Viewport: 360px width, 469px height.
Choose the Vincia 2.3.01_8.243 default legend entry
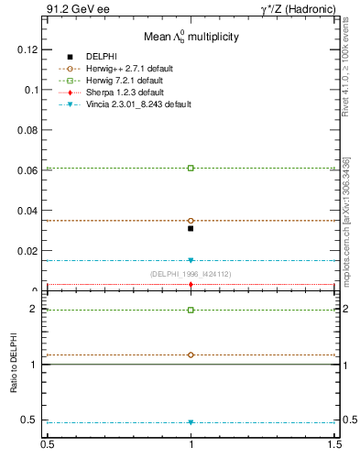click(x=138, y=104)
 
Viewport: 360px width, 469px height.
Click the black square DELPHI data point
click(x=191, y=228)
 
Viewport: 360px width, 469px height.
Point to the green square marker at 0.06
click(x=191, y=168)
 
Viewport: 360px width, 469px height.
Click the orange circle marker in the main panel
click(x=191, y=221)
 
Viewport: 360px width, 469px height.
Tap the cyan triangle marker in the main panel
click(x=191, y=260)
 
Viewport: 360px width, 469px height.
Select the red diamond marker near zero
click(x=191, y=285)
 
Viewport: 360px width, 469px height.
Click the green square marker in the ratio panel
click(x=191, y=310)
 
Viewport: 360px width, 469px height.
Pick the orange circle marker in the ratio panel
click(x=191, y=354)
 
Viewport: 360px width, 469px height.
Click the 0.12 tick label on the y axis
click(x=27, y=49)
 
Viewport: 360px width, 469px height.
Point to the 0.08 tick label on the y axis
click(x=27, y=130)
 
